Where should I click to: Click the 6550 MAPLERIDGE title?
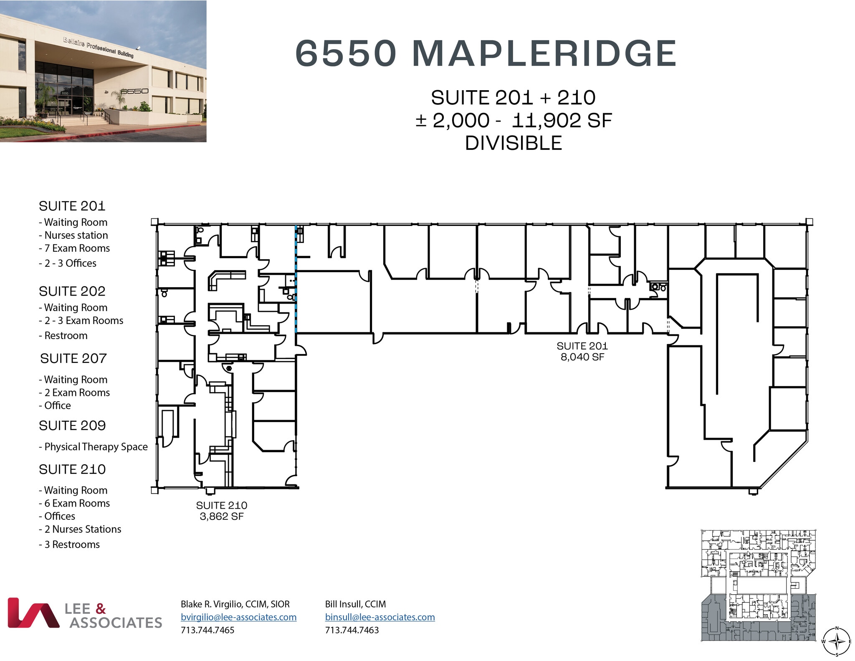tap(486, 53)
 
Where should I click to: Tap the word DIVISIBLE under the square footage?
tap(514, 143)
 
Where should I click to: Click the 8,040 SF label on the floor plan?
tap(582, 357)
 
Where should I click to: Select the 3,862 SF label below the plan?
tap(221, 517)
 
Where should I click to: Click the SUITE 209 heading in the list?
tap(72, 425)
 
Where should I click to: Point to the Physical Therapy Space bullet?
tap(96, 447)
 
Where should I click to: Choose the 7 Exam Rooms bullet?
tap(77, 248)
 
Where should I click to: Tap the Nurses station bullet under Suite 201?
tap(76, 236)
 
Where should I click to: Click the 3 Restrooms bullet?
tap(72, 545)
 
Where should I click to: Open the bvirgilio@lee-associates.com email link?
tap(238, 617)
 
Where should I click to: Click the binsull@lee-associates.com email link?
tap(380, 617)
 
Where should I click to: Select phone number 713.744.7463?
tap(352, 630)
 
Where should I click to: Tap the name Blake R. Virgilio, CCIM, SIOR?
tap(235, 604)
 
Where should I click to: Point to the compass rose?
tap(837, 641)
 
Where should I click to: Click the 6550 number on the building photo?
tap(134, 91)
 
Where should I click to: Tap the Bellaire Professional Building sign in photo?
tap(99, 47)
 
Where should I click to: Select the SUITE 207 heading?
tap(73, 358)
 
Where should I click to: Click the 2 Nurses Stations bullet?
tap(83, 529)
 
